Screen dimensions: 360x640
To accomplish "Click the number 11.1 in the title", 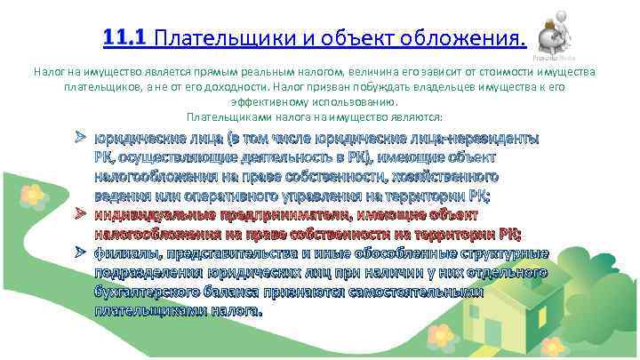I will [125, 37].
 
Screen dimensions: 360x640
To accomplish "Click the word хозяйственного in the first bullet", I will [436, 177].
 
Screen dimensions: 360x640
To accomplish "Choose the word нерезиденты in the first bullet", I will [494, 139].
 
